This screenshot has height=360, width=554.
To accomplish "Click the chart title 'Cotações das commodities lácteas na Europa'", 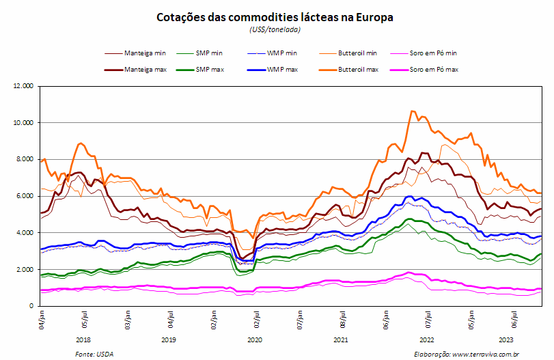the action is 275,17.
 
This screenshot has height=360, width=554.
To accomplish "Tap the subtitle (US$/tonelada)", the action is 275,29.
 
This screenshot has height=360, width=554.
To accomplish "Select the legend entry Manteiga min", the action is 135,53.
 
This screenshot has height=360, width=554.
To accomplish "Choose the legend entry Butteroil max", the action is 348,70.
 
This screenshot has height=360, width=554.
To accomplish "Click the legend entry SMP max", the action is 200,70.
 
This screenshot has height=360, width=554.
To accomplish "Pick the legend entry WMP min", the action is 272,53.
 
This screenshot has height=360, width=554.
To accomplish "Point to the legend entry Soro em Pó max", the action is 424,70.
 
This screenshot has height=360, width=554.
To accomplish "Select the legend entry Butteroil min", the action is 348,53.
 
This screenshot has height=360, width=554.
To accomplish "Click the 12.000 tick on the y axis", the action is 23,86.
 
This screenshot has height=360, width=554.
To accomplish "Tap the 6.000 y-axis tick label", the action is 25,196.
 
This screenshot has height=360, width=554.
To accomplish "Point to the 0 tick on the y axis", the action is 31,306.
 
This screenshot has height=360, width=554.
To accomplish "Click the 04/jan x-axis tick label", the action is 42,320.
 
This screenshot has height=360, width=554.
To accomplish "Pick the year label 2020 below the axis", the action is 254,340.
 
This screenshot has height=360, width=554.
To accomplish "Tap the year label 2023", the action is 506,340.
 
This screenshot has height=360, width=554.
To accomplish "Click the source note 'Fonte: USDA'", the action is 94,354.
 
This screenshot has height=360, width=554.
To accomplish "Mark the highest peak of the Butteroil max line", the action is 411,111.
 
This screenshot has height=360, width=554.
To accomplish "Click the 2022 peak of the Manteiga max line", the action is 422,152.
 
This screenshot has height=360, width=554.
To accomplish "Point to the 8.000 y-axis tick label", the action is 25,159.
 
